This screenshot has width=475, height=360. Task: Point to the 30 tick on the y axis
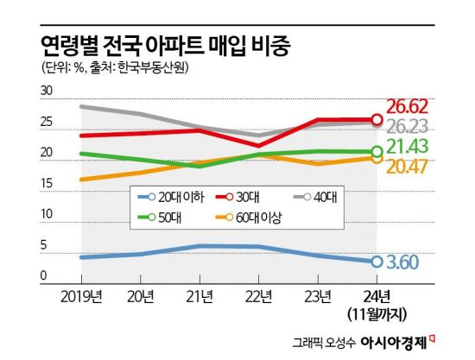coord(47,90)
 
